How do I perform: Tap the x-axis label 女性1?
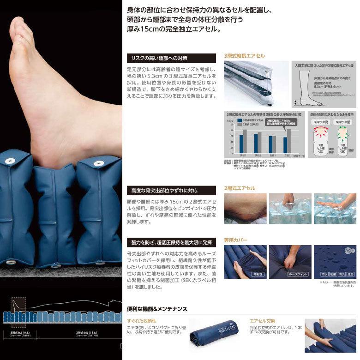point(273,156)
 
